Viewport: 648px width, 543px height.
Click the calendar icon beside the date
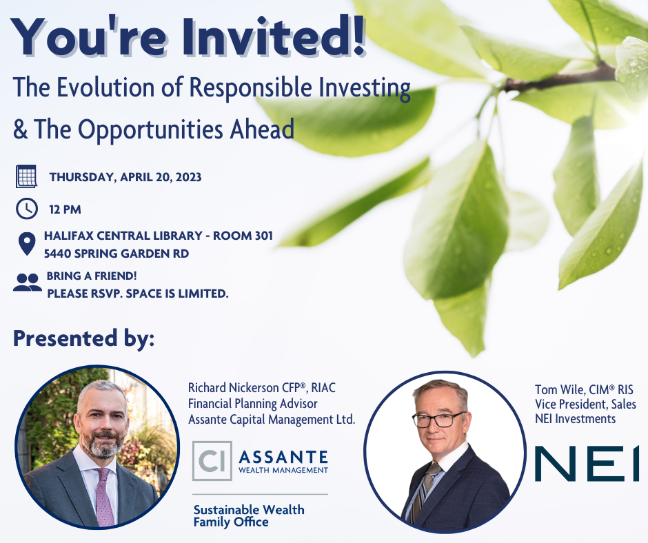(26, 176)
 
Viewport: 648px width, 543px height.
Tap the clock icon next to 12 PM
(26, 209)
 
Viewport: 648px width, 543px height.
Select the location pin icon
(27, 244)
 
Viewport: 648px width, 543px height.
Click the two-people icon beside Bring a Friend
(28, 283)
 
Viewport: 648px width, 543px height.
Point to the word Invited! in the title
(274, 37)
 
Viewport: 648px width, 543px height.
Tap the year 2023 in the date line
(188, 177)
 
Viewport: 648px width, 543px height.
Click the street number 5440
(57, 254)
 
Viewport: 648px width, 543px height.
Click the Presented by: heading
(84, 338)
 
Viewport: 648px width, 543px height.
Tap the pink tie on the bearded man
(103, 496)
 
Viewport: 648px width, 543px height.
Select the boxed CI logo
(212, 461)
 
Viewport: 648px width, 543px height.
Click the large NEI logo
(587, 464)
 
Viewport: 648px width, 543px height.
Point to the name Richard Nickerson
(234, 388)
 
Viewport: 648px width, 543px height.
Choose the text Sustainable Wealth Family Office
(249, 515)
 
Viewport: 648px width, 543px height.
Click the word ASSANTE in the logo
(283, 457)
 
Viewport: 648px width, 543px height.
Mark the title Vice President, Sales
(585, 404)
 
